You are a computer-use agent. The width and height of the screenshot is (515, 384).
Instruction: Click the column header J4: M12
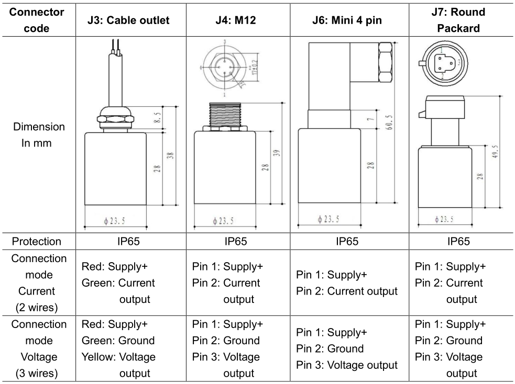pos(235,20)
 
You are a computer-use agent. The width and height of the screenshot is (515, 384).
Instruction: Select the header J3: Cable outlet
pos(128,20)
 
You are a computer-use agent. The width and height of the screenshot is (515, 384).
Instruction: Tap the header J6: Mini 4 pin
pos(347,20)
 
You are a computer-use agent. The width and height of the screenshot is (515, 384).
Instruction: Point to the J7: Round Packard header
pos(458,20)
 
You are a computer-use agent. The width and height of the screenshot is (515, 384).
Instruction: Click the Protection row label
pos(37,241)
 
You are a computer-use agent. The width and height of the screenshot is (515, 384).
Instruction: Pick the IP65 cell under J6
pos(347,241)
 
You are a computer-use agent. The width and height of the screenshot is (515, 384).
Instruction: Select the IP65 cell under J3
pos(128,241)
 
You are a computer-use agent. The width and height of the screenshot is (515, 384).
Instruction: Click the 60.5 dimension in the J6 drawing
pos(389,122)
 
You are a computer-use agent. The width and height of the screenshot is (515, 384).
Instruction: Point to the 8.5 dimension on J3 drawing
pos(158,117)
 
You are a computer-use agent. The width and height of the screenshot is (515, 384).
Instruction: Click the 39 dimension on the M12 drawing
pos(277,153)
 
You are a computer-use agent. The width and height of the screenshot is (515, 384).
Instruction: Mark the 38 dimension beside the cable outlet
pos(170,156)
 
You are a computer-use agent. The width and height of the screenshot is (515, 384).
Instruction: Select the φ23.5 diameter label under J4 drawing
pos(223,221)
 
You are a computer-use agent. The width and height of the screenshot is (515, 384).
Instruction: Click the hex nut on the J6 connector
pos(385,62)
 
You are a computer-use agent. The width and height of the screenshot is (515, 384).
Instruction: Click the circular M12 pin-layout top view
pos(224,68)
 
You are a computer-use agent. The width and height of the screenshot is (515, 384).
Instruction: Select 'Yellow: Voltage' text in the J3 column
pos(118,357)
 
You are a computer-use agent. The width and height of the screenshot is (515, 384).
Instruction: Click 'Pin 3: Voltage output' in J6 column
pos(347,365)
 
